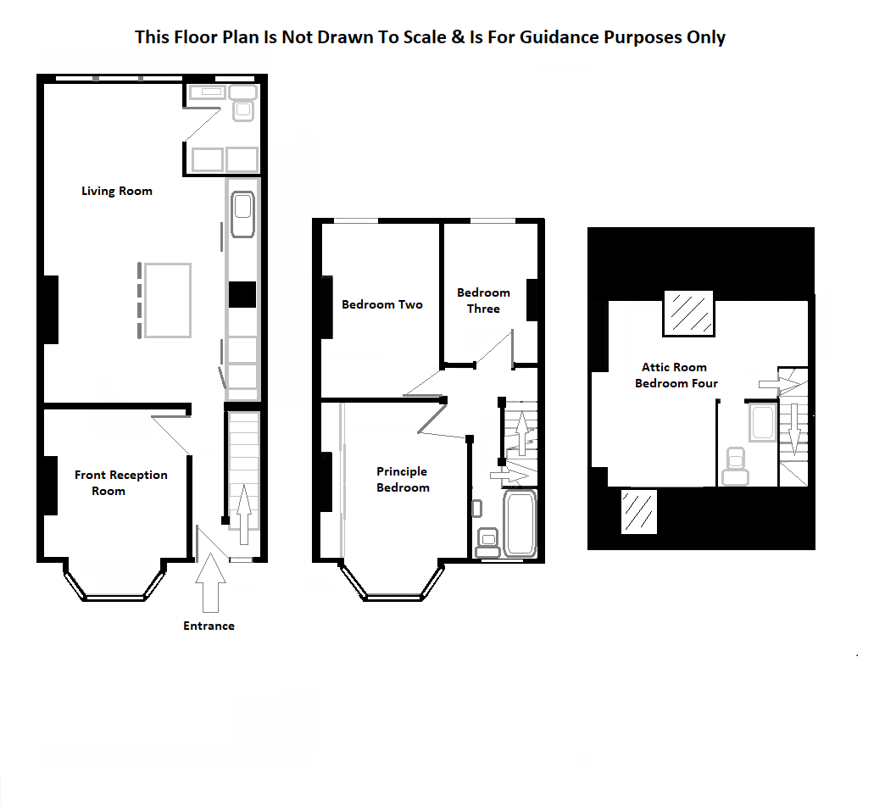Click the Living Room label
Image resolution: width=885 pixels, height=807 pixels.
tap(117, 191)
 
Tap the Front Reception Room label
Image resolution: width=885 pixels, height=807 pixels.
tap(120, 482)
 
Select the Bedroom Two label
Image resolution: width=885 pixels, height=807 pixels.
tap(381, 304)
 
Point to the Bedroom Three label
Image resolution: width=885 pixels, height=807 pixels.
tap(483, 300)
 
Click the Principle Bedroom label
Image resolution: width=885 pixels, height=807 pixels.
tap(403, 479)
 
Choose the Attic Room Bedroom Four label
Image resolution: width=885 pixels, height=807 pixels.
tap(676, 375)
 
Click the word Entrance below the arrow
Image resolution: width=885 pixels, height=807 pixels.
tap(209, 626)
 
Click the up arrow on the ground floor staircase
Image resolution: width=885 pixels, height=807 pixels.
tap(244, 513)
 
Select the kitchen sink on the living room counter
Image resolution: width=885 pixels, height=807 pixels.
tap(242, 214)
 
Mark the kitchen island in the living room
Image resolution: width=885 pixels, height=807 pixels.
tap(167, 300)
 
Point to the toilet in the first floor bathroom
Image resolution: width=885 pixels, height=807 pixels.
tap(487, 538)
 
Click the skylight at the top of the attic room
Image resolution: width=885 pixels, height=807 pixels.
tap(688, 312)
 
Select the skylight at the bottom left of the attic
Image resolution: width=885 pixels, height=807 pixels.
tap(637, 511)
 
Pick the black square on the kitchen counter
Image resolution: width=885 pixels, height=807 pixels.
tap(242, 294)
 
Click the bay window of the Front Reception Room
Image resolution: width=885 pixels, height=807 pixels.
tap(114, 588)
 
